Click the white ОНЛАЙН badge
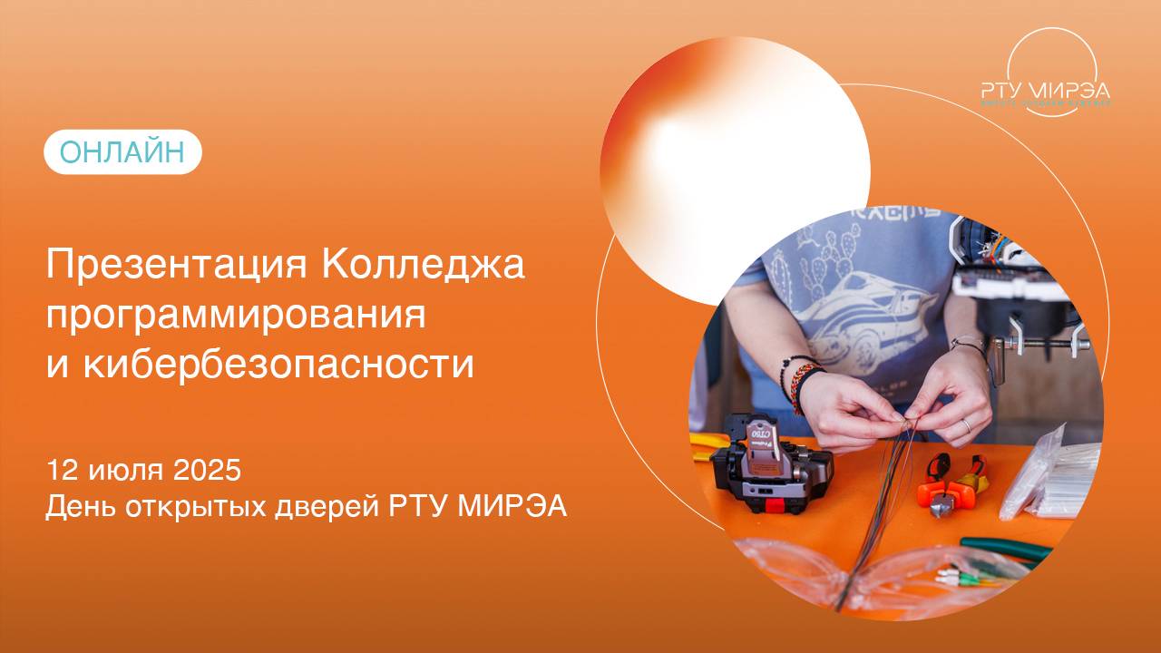point(122,152)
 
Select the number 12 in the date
point(63,472)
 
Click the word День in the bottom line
point(78,506)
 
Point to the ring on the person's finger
point(967,424)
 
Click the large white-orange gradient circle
point(735,168)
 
